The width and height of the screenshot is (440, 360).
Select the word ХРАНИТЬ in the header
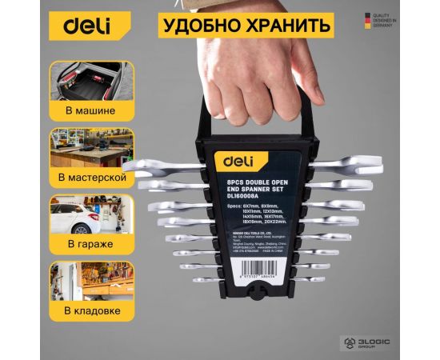coord(290,25)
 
